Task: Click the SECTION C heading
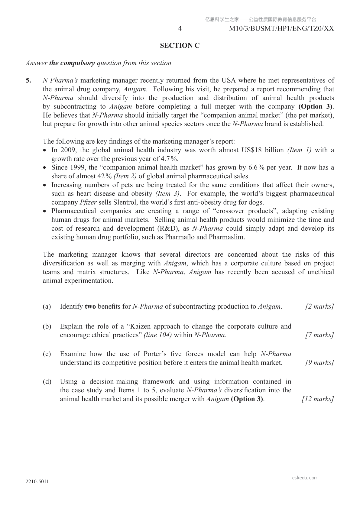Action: pos(180,46)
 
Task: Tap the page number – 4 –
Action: pos(180,29)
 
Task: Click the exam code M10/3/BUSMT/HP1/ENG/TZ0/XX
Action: pos(282,29)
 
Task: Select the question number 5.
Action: pos(28,80)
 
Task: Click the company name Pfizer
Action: pos(88,203)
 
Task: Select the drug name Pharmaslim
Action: pos(226,237)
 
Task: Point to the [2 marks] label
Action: pos(319,307)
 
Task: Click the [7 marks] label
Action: pos(319,335)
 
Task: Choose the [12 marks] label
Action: pos(318,399)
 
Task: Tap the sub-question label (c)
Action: pos(47,354)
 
